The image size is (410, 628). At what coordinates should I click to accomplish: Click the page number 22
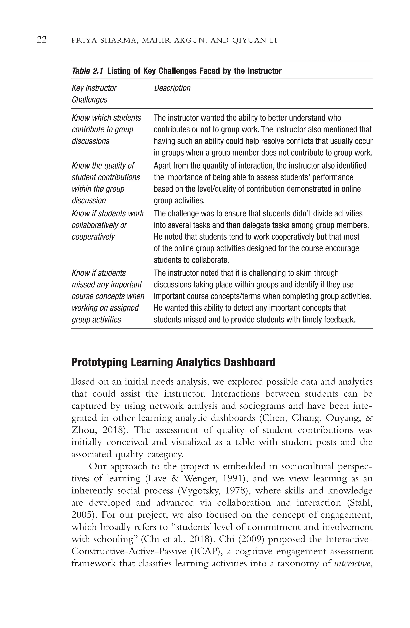click(42, 40)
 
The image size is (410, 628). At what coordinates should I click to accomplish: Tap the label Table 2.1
click(87, 71)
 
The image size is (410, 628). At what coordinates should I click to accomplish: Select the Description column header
click(172, 88)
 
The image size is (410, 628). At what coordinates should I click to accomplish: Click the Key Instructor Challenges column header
click(94, 94)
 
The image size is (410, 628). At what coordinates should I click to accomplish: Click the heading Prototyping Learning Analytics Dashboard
click(173, 362)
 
